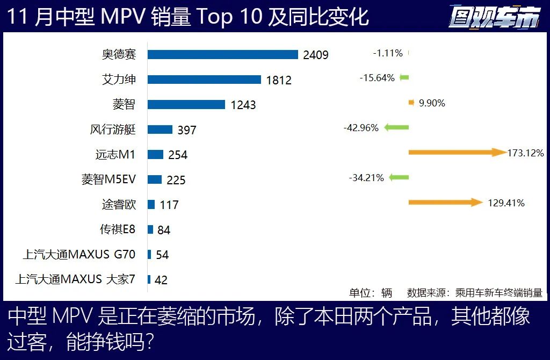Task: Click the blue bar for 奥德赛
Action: pos(222,54)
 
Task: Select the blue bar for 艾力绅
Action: pos(204,80)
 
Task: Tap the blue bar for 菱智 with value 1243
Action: pos(186,104)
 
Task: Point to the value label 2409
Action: pos(315,55)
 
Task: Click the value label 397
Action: pos(187,130)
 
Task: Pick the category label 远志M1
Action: pos(115,155)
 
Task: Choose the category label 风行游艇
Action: pos(113,129)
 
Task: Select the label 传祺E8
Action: pos(118,229)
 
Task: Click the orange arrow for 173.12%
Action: pos(457,153)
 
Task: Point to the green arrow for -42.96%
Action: pos(395,128)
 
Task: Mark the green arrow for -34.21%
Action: pos(399,177)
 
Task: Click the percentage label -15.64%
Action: pos(377,78)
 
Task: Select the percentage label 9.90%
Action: pos(432,103)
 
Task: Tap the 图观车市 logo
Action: pos(494,18)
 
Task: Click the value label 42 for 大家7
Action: pos(161,280)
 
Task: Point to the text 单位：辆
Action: pos(371,293)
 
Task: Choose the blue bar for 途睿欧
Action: pos(151,204)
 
